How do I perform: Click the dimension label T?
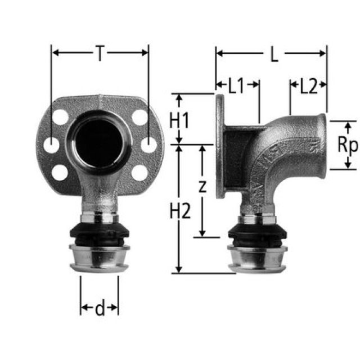pos(100,53)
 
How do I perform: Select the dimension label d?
pos(100,308)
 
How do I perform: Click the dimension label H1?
pos(179,119)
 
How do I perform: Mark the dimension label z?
pos(202,187)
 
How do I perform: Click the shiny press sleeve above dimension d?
pos(99,259)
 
